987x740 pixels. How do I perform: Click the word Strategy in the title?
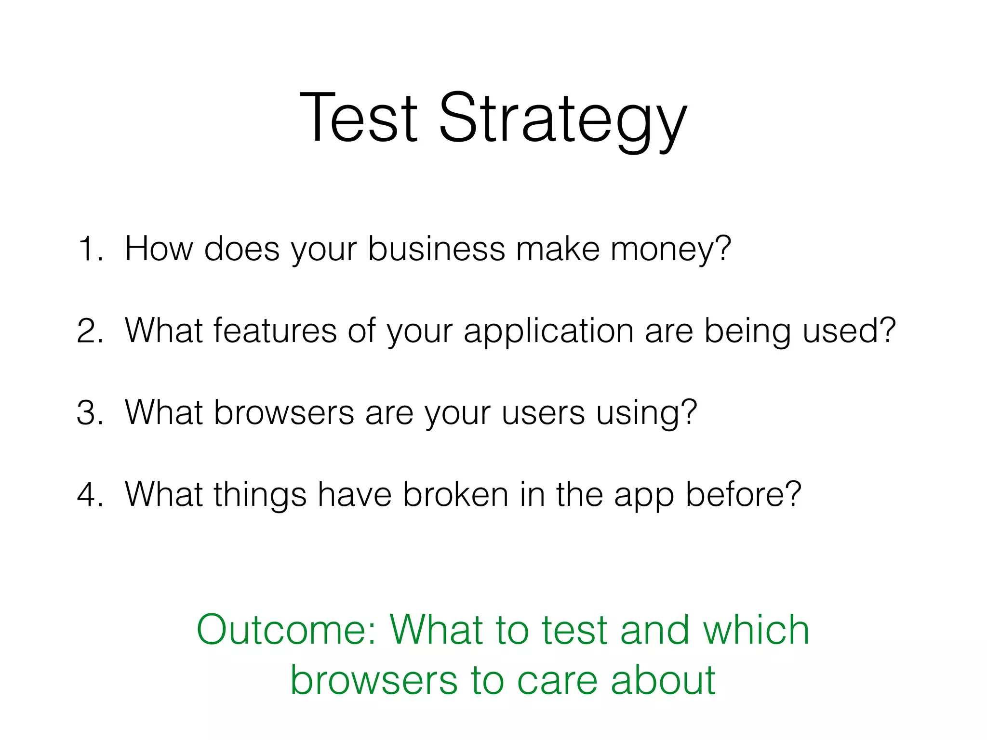[562, 120]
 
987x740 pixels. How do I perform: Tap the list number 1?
[90, 249]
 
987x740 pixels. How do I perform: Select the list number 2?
[90, 331]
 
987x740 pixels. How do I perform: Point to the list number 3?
[90, 413]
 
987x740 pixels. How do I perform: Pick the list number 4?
[90, 495]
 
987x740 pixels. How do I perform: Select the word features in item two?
[275, 330]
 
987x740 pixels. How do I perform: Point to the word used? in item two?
[849, 330]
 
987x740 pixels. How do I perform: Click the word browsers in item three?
[284, 412]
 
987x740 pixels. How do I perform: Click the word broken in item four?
[455, 494]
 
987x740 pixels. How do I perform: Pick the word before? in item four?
[743, 494]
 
